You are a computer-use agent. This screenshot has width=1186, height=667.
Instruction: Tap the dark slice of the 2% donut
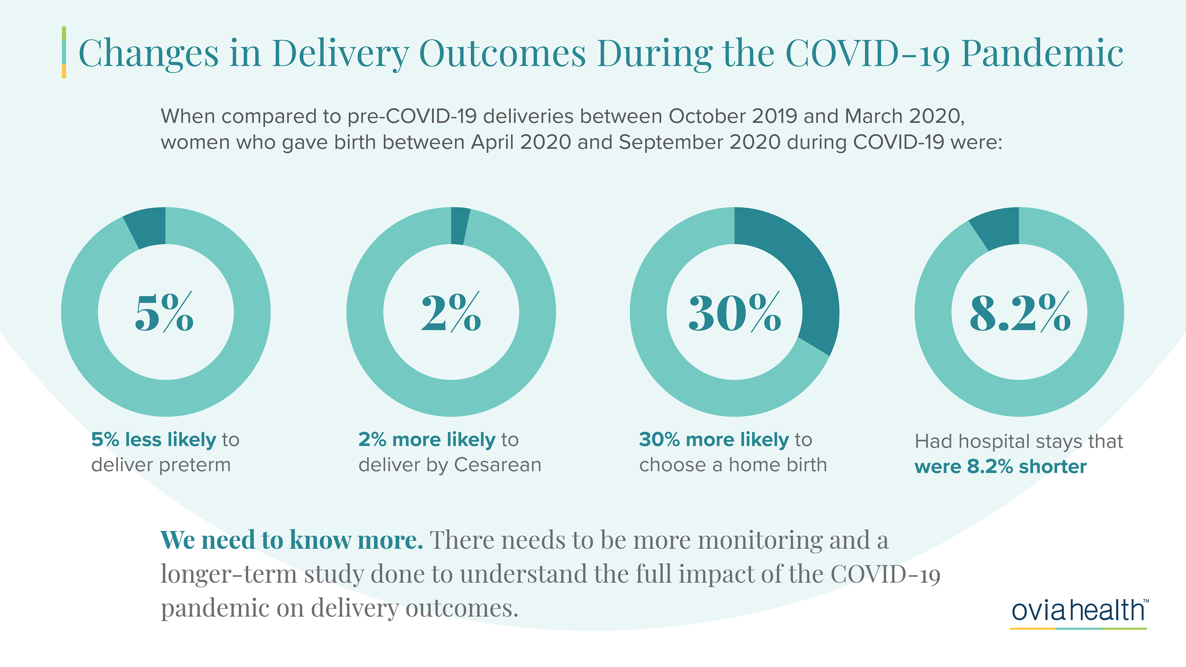(x=460, y=225)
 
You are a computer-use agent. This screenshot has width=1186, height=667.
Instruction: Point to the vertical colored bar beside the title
(x=64, y=52)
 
